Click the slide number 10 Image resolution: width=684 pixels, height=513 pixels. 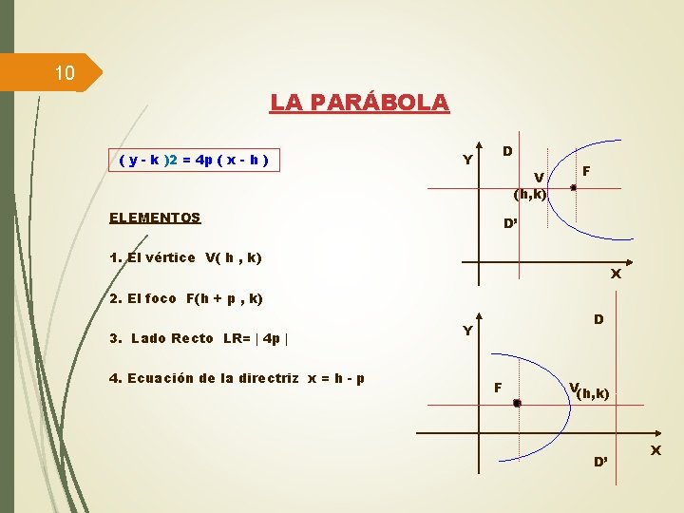point(64,73)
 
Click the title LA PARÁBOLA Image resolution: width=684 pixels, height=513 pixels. point(359,102)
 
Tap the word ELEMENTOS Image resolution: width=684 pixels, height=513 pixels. point(155,218)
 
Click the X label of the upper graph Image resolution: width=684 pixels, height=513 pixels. point(616,275)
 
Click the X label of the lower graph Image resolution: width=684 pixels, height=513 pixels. point(655,448)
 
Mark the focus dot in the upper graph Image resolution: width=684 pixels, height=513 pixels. point(573,188)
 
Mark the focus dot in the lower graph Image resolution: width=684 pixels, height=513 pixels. point(517,404)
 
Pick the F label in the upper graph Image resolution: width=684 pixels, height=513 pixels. point(587,171)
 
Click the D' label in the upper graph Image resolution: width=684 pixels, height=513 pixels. point(510,225)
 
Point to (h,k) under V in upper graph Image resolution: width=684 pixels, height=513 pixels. point(529,195)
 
